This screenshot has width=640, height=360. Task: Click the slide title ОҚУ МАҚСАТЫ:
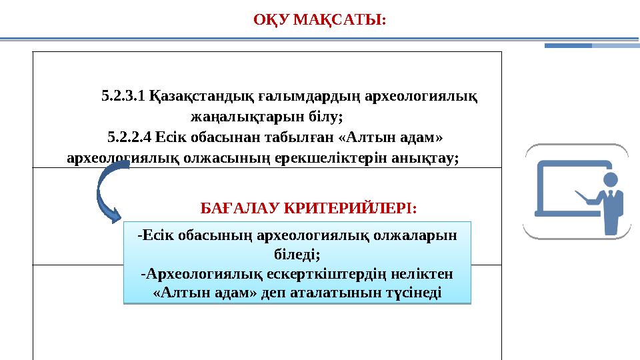tap(319, 20)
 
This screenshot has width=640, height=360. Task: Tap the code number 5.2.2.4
tap(129, 137)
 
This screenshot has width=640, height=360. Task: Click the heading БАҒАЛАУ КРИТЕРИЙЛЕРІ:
tap(309, 208)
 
